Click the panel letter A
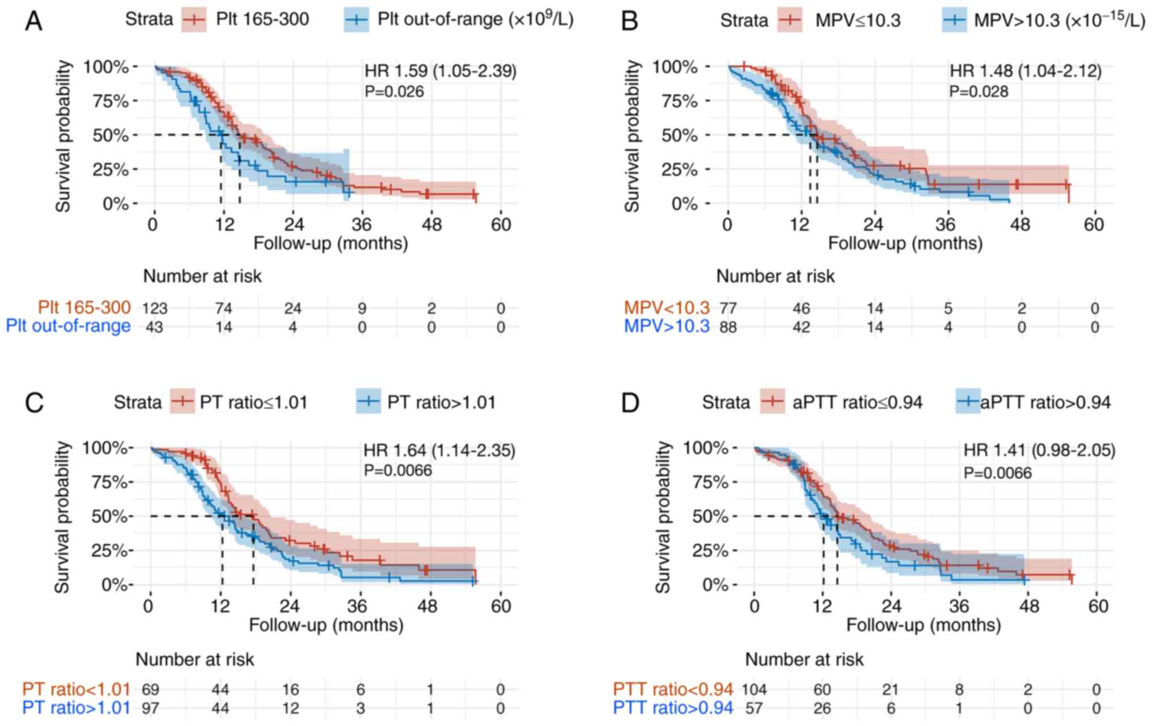34,22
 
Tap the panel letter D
630,403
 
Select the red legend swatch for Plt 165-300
194,19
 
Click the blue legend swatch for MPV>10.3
954,20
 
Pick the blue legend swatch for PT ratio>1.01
369,402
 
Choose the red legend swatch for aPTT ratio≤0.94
772,402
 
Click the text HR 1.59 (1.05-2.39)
441,71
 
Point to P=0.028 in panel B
979,91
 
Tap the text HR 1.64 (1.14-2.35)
439,451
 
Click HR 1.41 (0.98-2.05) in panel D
1039,451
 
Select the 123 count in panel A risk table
155,309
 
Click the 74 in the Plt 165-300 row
223,309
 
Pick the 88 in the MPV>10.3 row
728,327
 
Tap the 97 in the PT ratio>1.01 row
150,708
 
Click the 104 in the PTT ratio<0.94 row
754,690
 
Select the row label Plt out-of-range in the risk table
68,327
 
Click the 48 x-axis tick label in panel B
1020,225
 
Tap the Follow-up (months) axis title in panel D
924,625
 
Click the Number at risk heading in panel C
194,659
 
